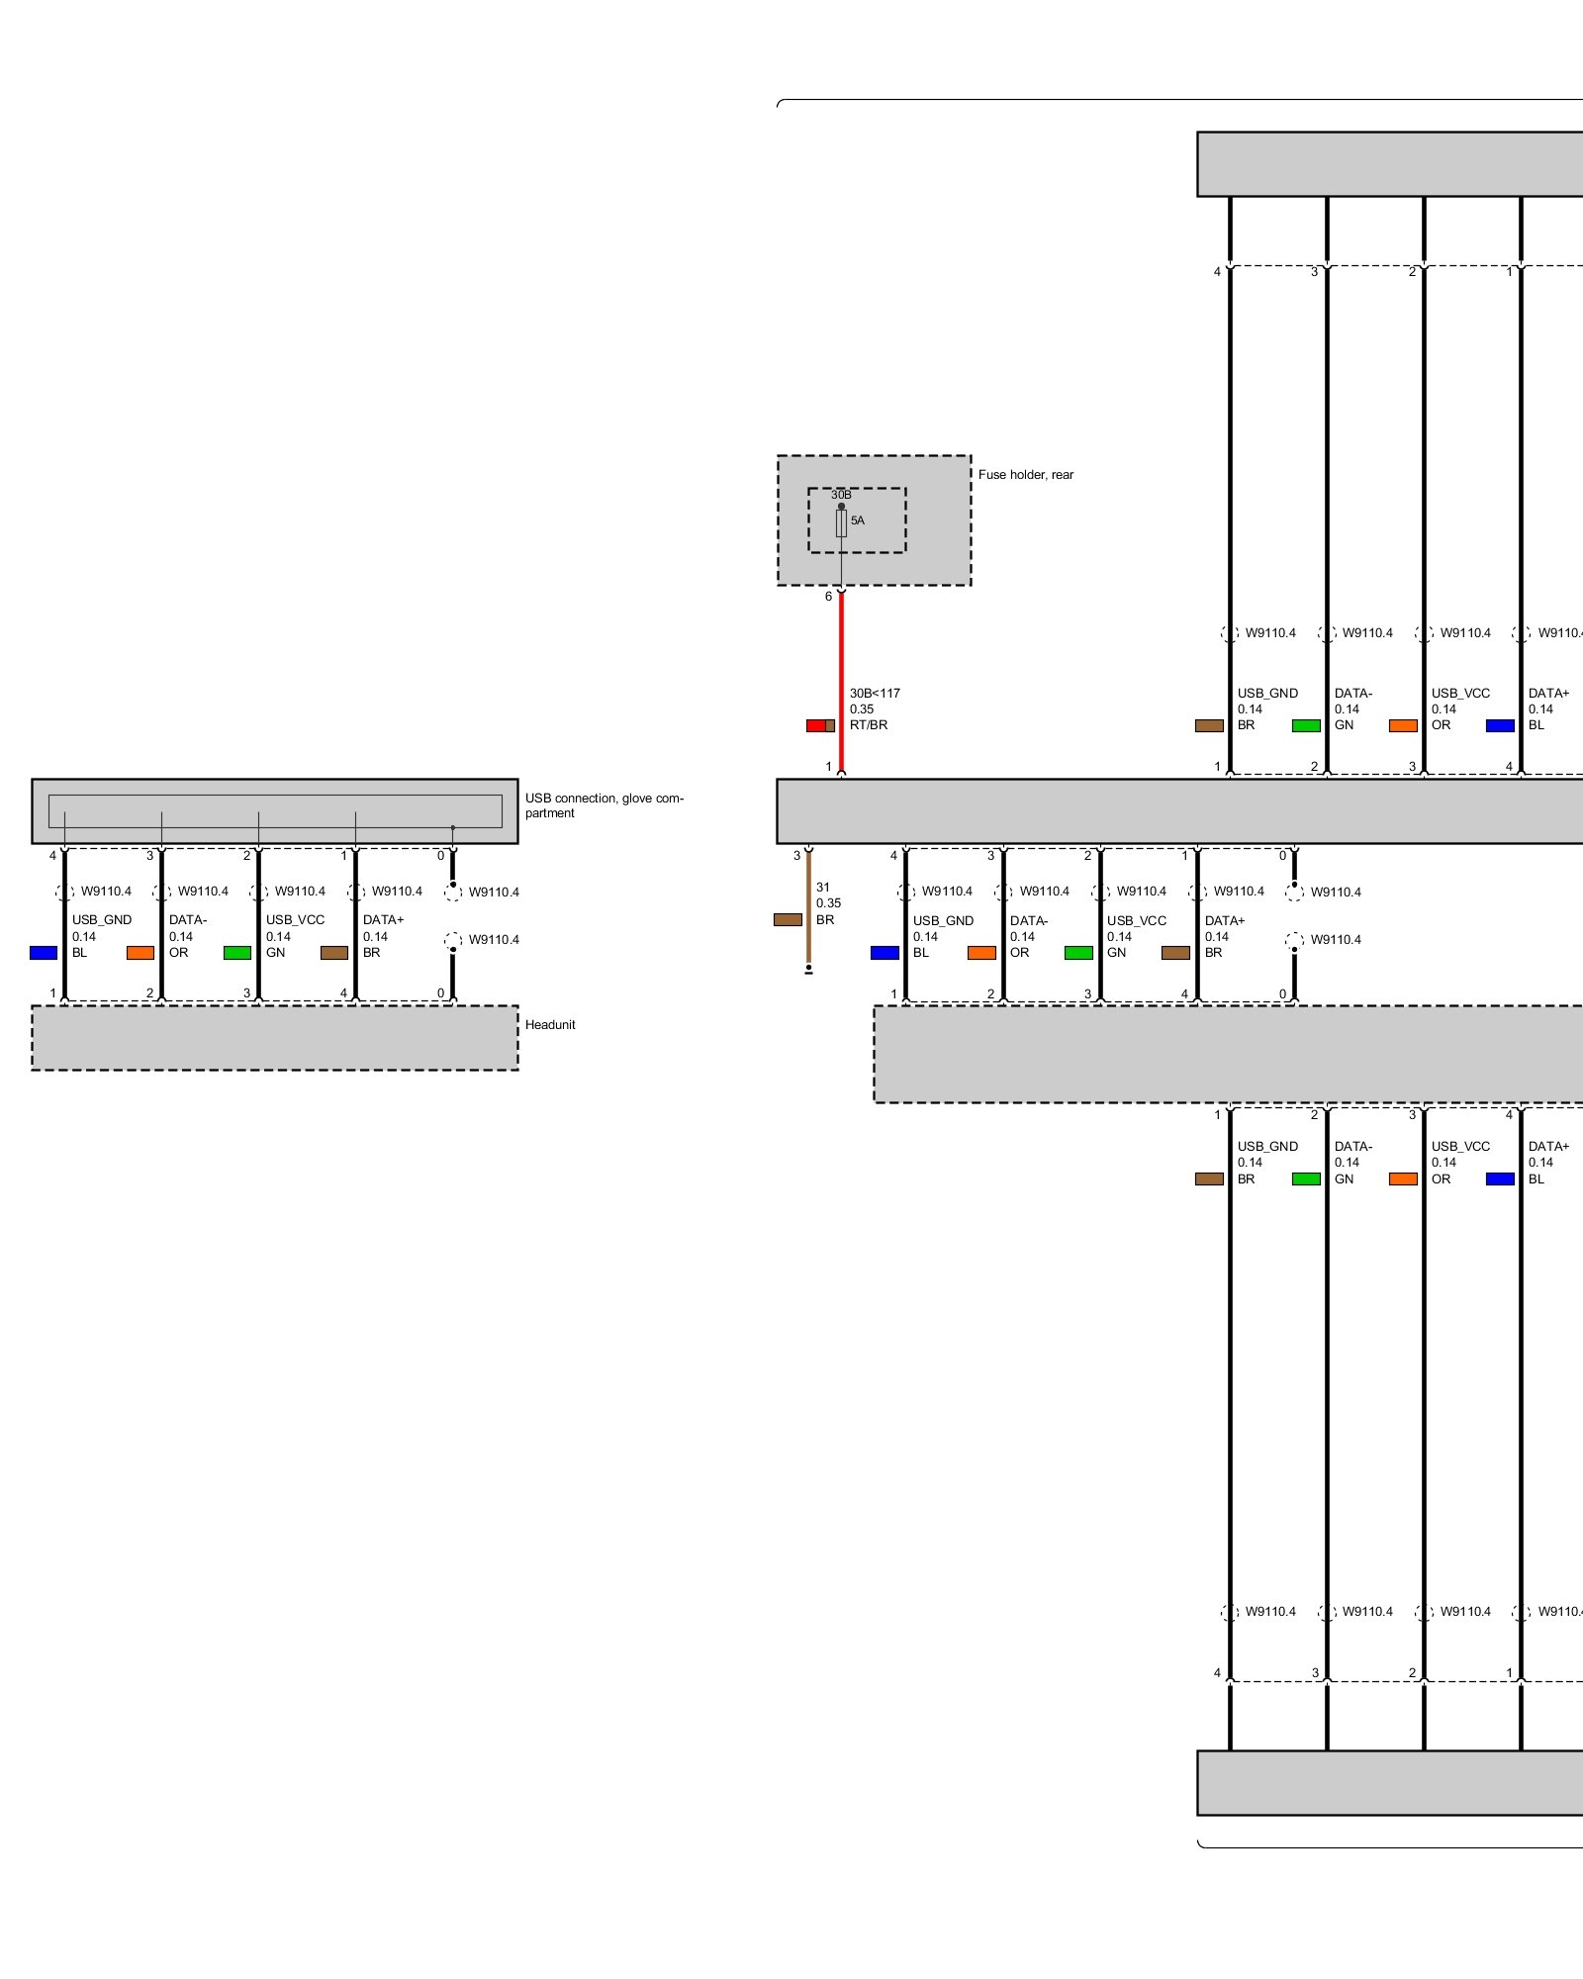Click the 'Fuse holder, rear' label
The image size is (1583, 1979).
tap(1025, 475)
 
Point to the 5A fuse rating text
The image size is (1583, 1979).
tap(858, 520)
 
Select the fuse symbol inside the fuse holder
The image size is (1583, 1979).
tap(841, 523)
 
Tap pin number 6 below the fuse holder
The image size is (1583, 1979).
tap(828, 597)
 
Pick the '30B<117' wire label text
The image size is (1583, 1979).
tap(875, 694)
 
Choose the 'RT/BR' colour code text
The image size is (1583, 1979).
tap(869, 725)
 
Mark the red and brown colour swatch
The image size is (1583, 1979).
tap(820, 725)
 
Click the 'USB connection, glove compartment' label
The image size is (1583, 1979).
tap(604, 805)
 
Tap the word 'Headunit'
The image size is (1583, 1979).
tap(550, 1025)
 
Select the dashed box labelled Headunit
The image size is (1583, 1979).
tap(275, 1038)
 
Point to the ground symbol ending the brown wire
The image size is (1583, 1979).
tap(808, 970)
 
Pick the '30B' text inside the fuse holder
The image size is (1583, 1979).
tap(841, 495)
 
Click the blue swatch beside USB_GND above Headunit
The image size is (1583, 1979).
tap(44, 953)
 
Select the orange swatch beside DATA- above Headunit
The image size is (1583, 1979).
tap(140, 953)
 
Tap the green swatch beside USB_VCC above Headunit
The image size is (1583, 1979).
tap(237, 953)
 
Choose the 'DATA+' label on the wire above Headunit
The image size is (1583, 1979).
tap(383, 920)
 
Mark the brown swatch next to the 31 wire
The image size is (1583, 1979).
tap(788, 920)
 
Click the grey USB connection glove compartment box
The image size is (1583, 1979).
tap(275, 811)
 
